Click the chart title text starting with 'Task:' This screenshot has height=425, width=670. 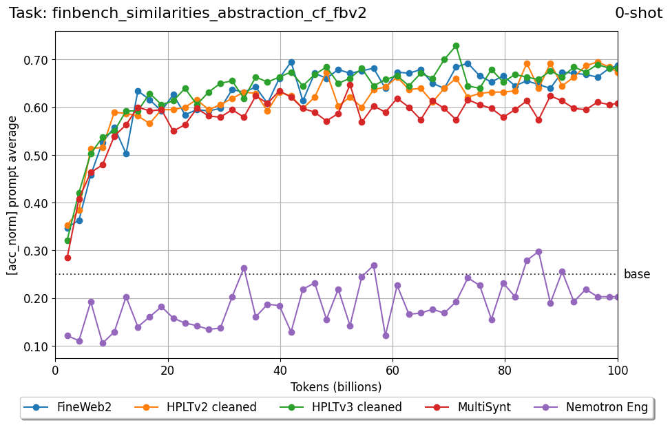click(187, 12)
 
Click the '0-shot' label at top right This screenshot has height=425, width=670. click(638, 12)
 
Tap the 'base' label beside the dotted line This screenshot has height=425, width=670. click(636, 274)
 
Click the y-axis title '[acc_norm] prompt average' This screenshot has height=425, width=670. click(12, 195)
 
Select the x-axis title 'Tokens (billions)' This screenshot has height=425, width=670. click(336, 386)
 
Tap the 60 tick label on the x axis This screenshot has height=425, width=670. click(392, 371)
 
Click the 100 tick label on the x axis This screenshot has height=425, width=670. click(618, 371)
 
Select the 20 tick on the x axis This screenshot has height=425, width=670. click(167, 371)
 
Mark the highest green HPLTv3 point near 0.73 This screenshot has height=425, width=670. click(456, 45)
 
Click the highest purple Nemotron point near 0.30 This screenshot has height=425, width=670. click(538, 251)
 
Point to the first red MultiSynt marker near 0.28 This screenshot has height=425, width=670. click(67, 258)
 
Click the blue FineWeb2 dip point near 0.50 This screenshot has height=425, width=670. click(126, 154)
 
